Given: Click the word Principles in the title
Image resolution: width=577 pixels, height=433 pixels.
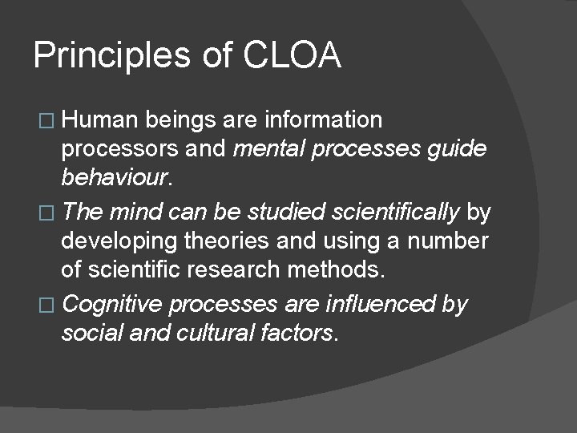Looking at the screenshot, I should [x=111, y=57].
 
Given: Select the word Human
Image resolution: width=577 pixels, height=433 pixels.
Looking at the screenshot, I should [x=102, y=120].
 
